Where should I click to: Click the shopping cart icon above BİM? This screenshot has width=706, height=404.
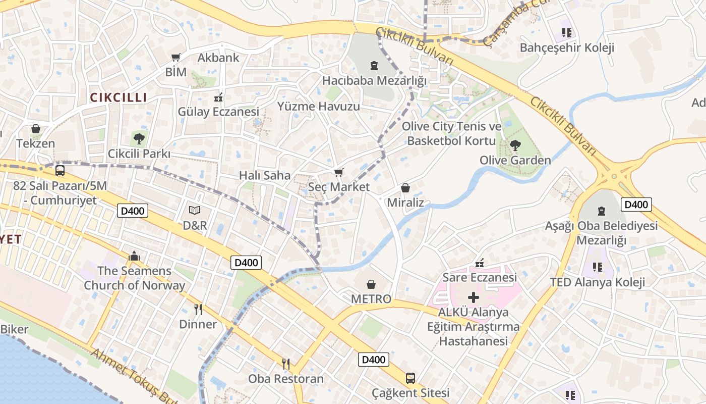click(175, 58)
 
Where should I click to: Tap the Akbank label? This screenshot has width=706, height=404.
click(218, 58)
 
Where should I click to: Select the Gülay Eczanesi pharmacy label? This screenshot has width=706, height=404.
click(218, 112)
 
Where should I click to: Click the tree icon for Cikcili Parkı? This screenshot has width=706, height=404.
click(139, 137)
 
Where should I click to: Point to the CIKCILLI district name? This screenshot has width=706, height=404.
click(118, 97)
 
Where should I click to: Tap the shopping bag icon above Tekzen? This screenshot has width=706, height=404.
click(35, 129)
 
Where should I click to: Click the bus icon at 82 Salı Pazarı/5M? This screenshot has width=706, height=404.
click(60, 170)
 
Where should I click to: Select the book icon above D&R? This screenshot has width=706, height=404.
click(195, 210)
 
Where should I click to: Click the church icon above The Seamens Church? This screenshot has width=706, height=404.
click(134, 256)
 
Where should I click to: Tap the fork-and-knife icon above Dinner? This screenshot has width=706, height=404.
click(198, 309)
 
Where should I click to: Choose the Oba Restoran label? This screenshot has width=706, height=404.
click(285, 378)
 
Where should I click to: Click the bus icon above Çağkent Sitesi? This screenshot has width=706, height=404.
click(410, 378)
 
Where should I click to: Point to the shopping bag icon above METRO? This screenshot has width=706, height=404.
click(371, 284)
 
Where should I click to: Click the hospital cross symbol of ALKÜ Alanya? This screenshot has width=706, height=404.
click(474, 297)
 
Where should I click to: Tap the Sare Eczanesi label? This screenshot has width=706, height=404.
click(480, 277)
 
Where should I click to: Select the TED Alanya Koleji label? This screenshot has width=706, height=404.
click(597, 282)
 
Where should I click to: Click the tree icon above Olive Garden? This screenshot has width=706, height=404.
click(515, 146)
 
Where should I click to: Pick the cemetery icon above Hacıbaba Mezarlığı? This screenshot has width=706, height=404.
click(374, 66)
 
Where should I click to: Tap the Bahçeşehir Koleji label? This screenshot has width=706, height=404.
click(566, 48)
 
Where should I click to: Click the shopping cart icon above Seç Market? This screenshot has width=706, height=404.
click(339, 173)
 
